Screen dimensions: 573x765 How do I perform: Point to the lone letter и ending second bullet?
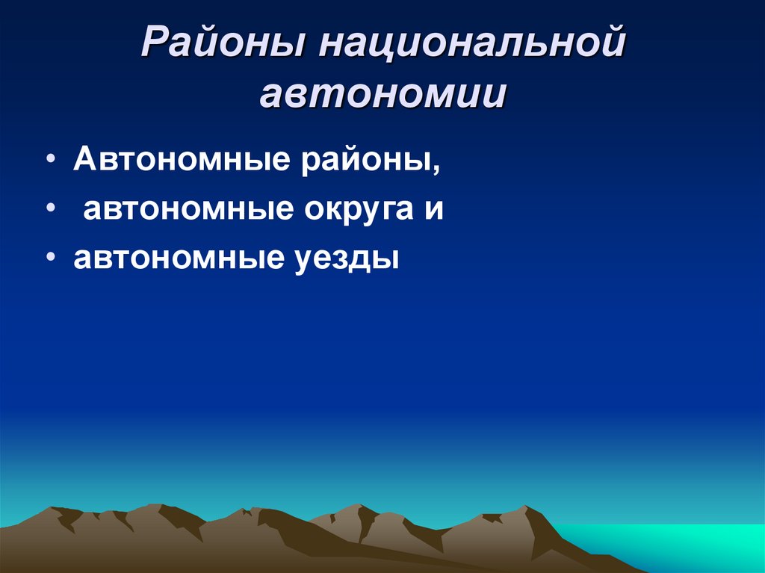(436, 210)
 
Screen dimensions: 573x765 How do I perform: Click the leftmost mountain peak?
(55, 510)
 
